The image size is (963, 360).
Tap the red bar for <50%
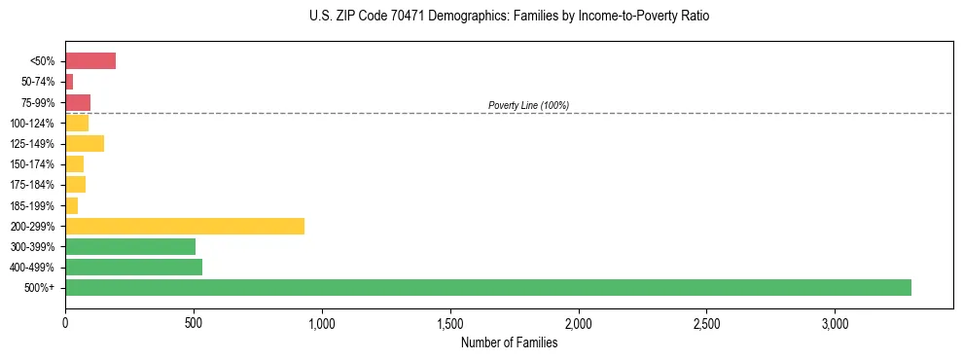pos(90,61)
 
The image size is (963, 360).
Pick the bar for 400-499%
pos(133,267)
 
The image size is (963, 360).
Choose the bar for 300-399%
pos(130,246)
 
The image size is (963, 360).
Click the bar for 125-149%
pos(85,143)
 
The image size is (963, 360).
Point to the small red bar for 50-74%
pos(69,82)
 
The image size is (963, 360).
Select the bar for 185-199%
pos(71,205)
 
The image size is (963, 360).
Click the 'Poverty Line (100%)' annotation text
pos(528,105)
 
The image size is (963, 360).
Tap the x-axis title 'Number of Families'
pos(509,342)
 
